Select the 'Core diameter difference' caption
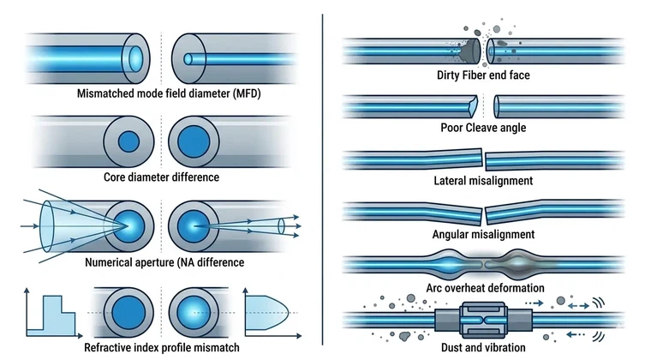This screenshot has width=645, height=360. pos(159,177)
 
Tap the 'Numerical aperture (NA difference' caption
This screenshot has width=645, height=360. pos(159,262)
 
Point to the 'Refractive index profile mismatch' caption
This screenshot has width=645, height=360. pos(159,348)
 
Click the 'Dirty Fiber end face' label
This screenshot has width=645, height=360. pos(485,75)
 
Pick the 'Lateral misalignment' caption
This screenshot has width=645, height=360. pos(485,182)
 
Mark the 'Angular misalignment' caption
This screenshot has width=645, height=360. pos(485,233)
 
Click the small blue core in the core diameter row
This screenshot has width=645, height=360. pos(128,141)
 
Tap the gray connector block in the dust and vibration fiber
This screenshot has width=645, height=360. pos(484,318)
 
